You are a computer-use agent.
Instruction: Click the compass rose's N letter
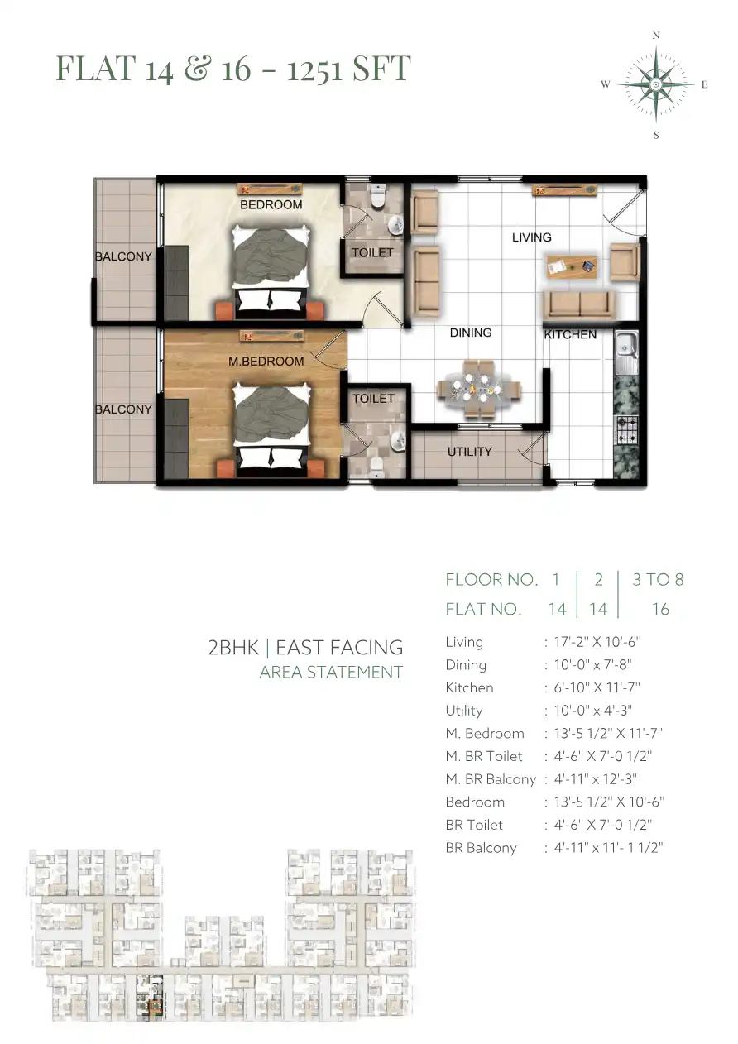(x=656, y=36)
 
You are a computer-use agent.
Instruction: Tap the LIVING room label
(x=531, y=237)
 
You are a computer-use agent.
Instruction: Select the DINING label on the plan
(x=471, y=333)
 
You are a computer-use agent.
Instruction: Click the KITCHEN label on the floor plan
(x=570, y=334)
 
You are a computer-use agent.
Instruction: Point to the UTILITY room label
(x=469, y=451)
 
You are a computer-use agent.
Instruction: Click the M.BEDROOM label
(x=266, y=361)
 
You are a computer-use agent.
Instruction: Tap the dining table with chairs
(x=478, y=388)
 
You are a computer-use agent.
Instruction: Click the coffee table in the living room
(x=572, y=266)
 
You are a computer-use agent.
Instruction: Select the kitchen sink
(x=625, y=352)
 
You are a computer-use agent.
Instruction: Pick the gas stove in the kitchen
(x=625, y=429)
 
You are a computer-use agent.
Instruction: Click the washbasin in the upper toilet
(x=395, y=226)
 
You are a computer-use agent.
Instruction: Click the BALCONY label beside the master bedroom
(x=123, y=409)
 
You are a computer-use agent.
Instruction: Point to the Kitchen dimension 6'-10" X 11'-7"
(x=597, y=687)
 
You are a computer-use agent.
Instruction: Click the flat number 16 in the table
(x=660, y=609)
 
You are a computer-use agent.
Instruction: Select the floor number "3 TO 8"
(x=658, y=579)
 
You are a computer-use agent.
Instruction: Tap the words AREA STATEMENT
(x=331, y=672)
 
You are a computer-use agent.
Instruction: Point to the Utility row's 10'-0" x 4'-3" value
(x=592, y=711)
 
